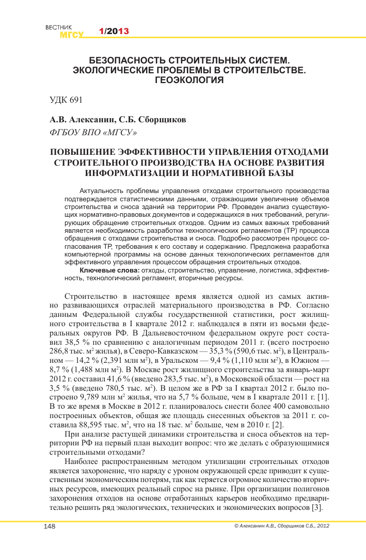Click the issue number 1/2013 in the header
pyautogui.click(x=114, y=31)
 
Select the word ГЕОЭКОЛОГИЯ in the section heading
pyautogui.click(x=189, y=80)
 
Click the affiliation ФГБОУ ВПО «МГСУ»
pyautogui.click(x=93, y=133)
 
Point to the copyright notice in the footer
pyautogui.click(x=281, y=526)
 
